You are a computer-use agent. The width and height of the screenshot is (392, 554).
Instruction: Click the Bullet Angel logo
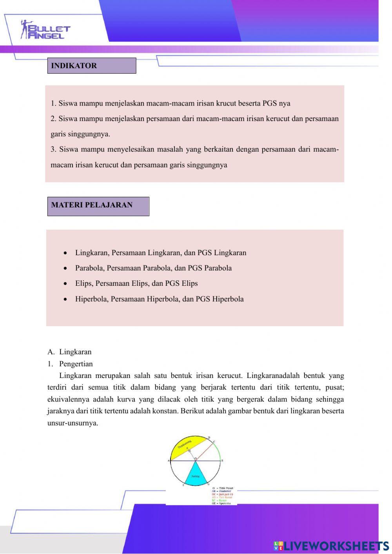(45, 30)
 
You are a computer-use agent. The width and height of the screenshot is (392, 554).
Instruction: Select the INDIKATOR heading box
(91, 66)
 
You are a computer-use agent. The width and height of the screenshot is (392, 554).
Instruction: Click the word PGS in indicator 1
(270, 104)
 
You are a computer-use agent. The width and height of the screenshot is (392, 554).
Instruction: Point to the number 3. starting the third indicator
(54, 149)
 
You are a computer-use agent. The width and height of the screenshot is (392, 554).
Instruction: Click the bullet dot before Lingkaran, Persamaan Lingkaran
(65, 253)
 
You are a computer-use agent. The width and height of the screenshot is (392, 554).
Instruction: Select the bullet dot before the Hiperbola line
(65, 300)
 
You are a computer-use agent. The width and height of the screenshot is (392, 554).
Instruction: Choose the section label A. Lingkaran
(70, 352)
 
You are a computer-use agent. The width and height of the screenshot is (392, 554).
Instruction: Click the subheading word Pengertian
(76, 364)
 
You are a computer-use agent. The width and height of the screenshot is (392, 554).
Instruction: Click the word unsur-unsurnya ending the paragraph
(73, 423)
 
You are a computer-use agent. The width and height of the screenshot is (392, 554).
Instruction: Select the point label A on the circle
(169, 461)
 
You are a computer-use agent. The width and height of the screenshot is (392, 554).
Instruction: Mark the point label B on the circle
(222, 461)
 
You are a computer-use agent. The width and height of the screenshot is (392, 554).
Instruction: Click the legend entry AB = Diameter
(222, 491)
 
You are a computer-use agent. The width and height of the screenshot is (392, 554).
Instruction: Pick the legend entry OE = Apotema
(222, 503)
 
